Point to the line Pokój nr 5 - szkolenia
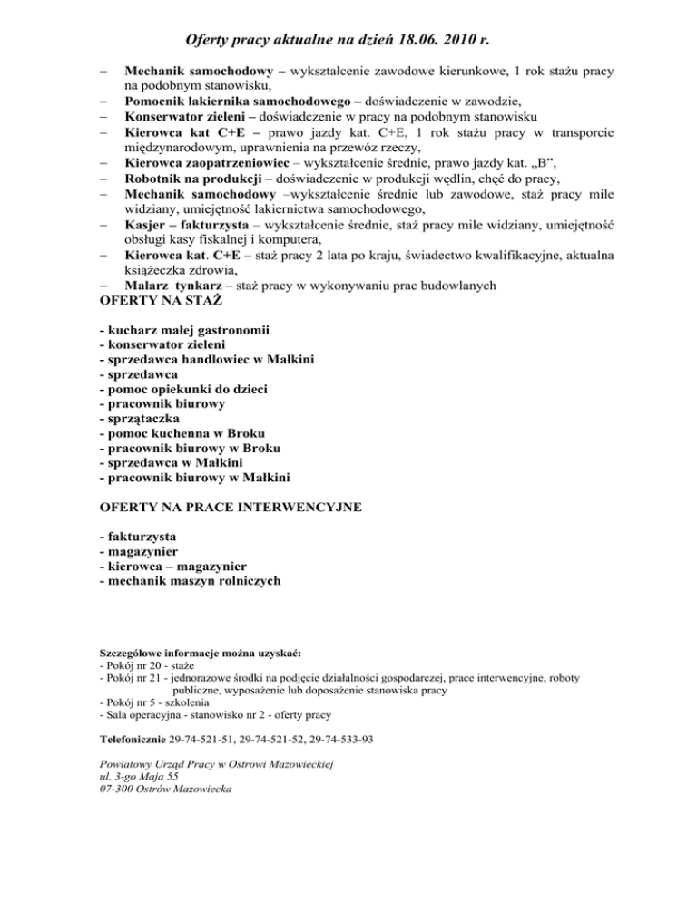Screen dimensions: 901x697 click(155, 702)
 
